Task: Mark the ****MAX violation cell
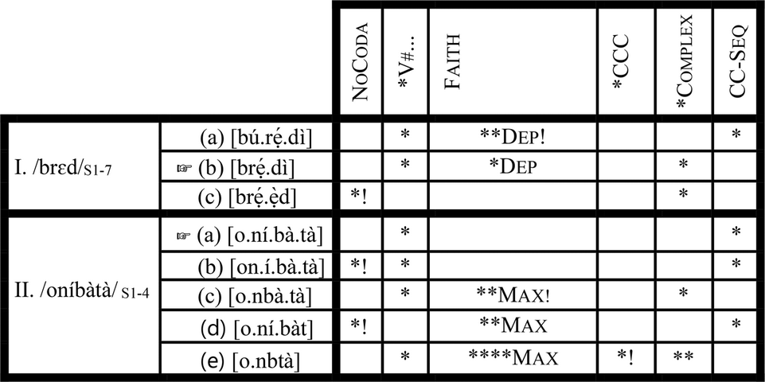coord(513,359)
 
